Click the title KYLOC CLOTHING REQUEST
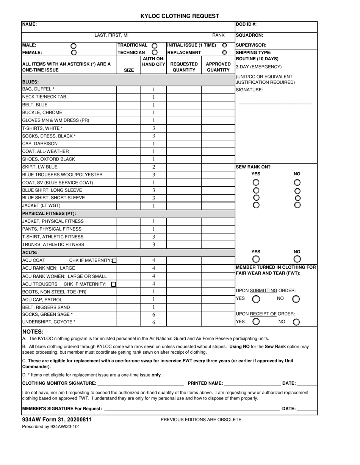point(180,16)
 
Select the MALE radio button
point(74,46)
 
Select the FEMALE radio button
point(74,53)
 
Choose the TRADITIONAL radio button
point(155,45)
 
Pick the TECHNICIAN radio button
point(155,53)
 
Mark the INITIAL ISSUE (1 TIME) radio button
point(224,45)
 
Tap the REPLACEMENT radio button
point(224,53)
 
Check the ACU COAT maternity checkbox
point(114,261)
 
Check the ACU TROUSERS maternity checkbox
point(114,284)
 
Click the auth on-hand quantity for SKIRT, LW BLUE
point(153,167)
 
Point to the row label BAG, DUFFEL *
point(38,89)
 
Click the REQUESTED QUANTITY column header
point(184,67)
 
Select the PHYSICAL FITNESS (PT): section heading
point(49,214)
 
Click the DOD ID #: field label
point(246,24)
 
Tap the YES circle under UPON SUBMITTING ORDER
point(256,299)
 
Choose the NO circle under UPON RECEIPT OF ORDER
point(296,322)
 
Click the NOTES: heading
point(33,332)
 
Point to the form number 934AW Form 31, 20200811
point(57,420)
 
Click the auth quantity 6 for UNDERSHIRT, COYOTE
point(153,323)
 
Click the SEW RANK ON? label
point(253,167)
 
